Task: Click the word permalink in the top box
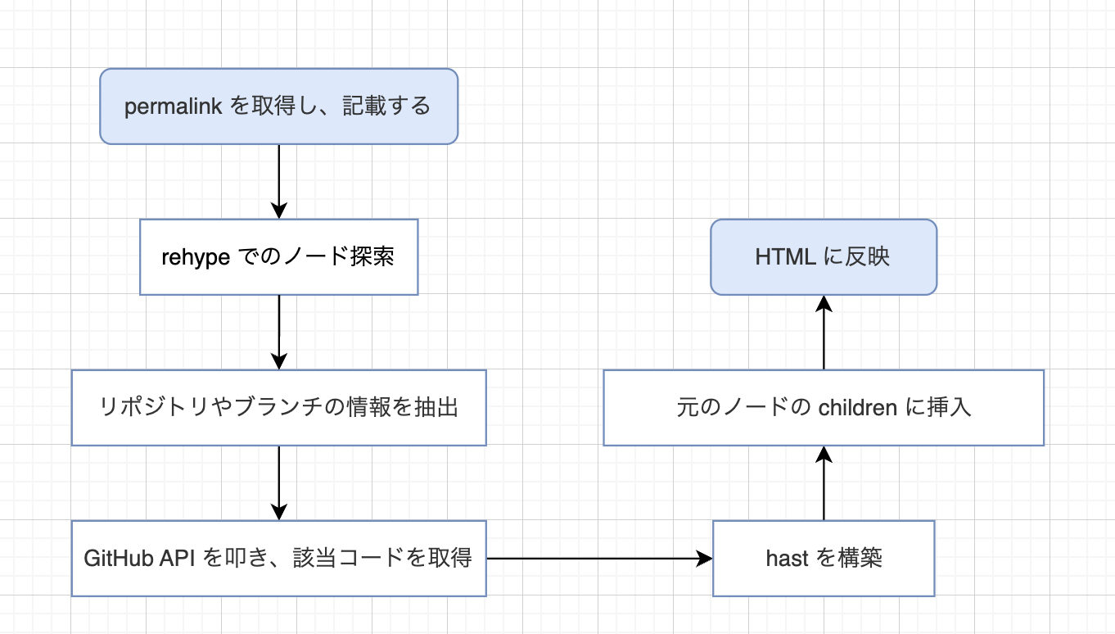[x=174, y=107]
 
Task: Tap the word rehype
[x=196, y=257]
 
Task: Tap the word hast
[x=788, y=559]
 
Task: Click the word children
[x=858, y=408]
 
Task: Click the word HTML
[x=785, y=257]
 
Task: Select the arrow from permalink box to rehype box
[x=279, y=180]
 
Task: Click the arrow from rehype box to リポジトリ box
[x=279, y=331]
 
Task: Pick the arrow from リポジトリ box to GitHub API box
[x=279, y=482]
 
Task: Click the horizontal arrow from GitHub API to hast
[x=598, y=559]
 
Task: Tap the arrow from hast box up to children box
[x=824, y=483]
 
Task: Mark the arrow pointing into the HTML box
[x=824, y=333]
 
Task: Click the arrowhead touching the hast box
[x=705, y=559]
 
